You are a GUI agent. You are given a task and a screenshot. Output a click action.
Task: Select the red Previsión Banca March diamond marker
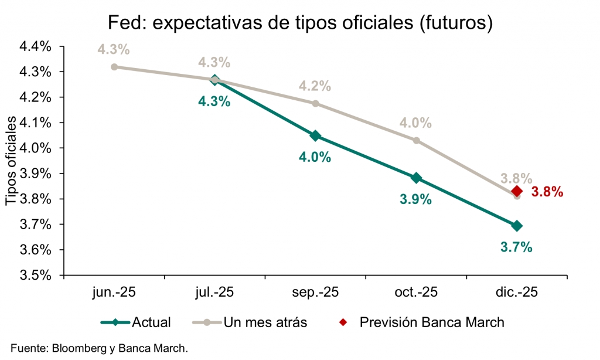point(516,191)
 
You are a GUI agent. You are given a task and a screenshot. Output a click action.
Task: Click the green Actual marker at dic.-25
point(517,226)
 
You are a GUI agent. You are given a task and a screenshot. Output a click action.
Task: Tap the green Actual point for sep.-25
point(315,136)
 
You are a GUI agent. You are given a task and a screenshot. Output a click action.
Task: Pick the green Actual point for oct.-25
point(416,178)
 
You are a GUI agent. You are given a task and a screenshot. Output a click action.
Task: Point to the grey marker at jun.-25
point(114,67)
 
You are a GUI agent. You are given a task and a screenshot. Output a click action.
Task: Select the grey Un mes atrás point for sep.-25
point(315,103)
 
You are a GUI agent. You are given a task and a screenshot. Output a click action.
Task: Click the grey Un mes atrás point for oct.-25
point(416,140)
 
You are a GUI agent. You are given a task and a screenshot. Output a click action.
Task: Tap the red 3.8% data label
point(547,192)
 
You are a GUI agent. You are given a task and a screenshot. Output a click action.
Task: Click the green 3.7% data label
point(516,247)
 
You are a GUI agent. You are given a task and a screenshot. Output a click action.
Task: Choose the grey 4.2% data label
point(315,86)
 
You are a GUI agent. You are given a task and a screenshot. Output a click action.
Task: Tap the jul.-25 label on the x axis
point(214,292)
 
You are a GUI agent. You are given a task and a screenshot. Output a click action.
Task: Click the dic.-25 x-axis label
point(516,292)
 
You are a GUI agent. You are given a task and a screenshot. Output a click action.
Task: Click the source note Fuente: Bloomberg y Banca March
point(99,348)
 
